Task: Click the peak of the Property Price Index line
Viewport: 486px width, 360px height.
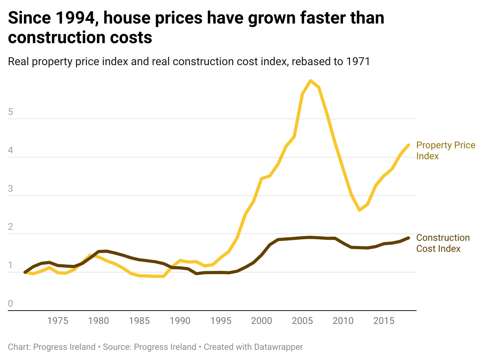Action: (x=310, y=81)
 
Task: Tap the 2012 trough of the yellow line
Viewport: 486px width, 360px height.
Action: (x=359, y=210)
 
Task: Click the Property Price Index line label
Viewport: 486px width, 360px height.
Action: (x=446, y=151)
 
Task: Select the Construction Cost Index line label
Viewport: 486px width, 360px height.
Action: (x=443, y=243)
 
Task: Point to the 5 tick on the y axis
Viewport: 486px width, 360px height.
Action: (x=11, y=112)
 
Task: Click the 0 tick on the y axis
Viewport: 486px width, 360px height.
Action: (x=11, y=304)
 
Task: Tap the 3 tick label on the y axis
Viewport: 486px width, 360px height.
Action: (x=11, y=189)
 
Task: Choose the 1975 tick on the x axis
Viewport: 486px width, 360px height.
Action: (x=58, y=321)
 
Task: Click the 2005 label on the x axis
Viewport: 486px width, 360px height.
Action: (x=302, y=321)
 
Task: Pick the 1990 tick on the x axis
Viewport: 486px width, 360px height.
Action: (x=180, y=321)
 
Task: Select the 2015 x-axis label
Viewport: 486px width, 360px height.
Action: (x=384, y=321)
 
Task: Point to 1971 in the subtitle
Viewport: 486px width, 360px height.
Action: (x=357, y=62)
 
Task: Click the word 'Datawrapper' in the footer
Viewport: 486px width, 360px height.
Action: (x=278, y=347)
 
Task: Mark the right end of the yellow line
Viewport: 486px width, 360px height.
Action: (x=408, y=145)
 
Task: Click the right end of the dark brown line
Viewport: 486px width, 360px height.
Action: (x=408, y=238)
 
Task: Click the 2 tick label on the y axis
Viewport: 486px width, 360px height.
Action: (x=11, y=227)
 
